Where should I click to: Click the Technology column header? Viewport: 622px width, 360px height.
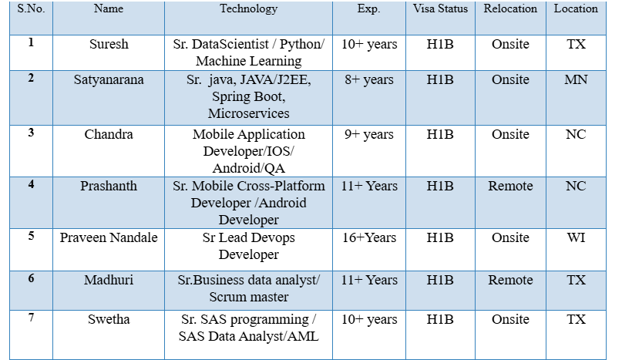click(248, 9)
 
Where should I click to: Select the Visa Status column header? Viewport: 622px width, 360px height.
click(439, 9)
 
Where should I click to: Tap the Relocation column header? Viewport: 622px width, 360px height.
click(510, 9)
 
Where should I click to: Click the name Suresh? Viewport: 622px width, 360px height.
click(109, 45)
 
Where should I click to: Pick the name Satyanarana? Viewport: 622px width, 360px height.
click(109, 80)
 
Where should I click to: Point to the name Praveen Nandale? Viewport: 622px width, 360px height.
click(109, 238)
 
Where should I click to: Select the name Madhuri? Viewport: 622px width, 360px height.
click(109, 281)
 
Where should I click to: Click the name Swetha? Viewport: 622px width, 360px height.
click(109, 320)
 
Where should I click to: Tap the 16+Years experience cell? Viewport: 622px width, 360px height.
click(368, 238)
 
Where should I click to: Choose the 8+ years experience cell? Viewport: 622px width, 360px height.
click(368, 80)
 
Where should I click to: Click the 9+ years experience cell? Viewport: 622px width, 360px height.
click(368, 135)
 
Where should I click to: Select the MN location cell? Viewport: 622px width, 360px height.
click(576, 80)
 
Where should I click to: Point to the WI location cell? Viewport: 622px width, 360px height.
click(576, 238)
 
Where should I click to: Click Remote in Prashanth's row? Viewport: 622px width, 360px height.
click(510, 187)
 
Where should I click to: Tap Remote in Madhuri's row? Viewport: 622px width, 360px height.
click(510, 281)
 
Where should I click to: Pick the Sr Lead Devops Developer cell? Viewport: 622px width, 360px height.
click(248, 246)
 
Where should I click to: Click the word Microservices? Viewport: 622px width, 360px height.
click(248, 114)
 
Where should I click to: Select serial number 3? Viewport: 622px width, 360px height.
click(31, 133)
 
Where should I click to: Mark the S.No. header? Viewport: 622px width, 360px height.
click(31, 9)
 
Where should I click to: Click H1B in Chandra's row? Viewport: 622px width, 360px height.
click(439, 135)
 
